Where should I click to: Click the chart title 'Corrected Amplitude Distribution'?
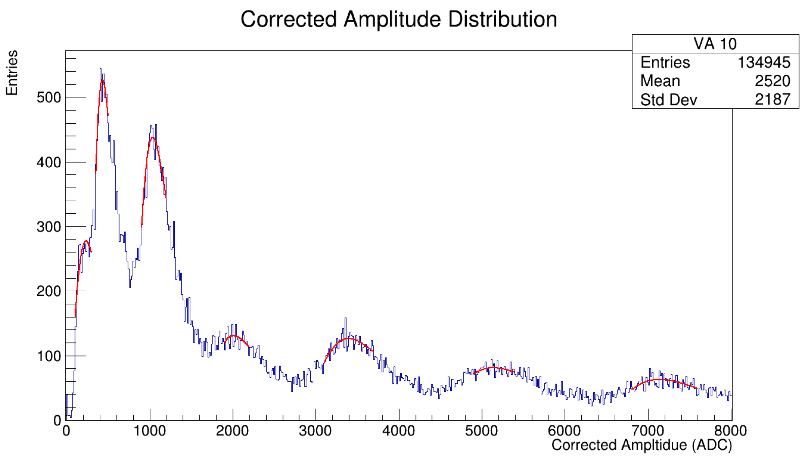[x=399, y=19]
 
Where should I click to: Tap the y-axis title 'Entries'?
[x=12, y=73]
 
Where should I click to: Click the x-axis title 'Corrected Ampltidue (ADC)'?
[x=641, y=445]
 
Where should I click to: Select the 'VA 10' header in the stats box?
[x=715, y=44]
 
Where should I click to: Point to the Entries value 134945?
[x=764, y=62]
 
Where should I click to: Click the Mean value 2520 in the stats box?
[x=772, y=81]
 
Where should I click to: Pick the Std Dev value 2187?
[x=772, y=99]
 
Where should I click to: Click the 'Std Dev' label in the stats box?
[x=668, y=99]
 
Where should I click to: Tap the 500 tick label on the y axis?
[x=49, y=98]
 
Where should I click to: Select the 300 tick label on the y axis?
[x=49, y=227]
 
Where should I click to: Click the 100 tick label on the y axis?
[x=49, y=356]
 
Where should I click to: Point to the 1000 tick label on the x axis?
[x=150, y=431]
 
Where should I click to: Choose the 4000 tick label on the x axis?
[x=399, y=431]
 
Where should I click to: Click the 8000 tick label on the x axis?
[x=731, y=431]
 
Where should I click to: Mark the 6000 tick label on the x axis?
[x=564, y=431]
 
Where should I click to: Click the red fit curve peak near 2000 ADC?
[x=234, y=336]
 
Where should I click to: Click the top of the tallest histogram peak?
[x=100, y=69]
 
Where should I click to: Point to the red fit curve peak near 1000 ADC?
[x=153, y=137]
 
